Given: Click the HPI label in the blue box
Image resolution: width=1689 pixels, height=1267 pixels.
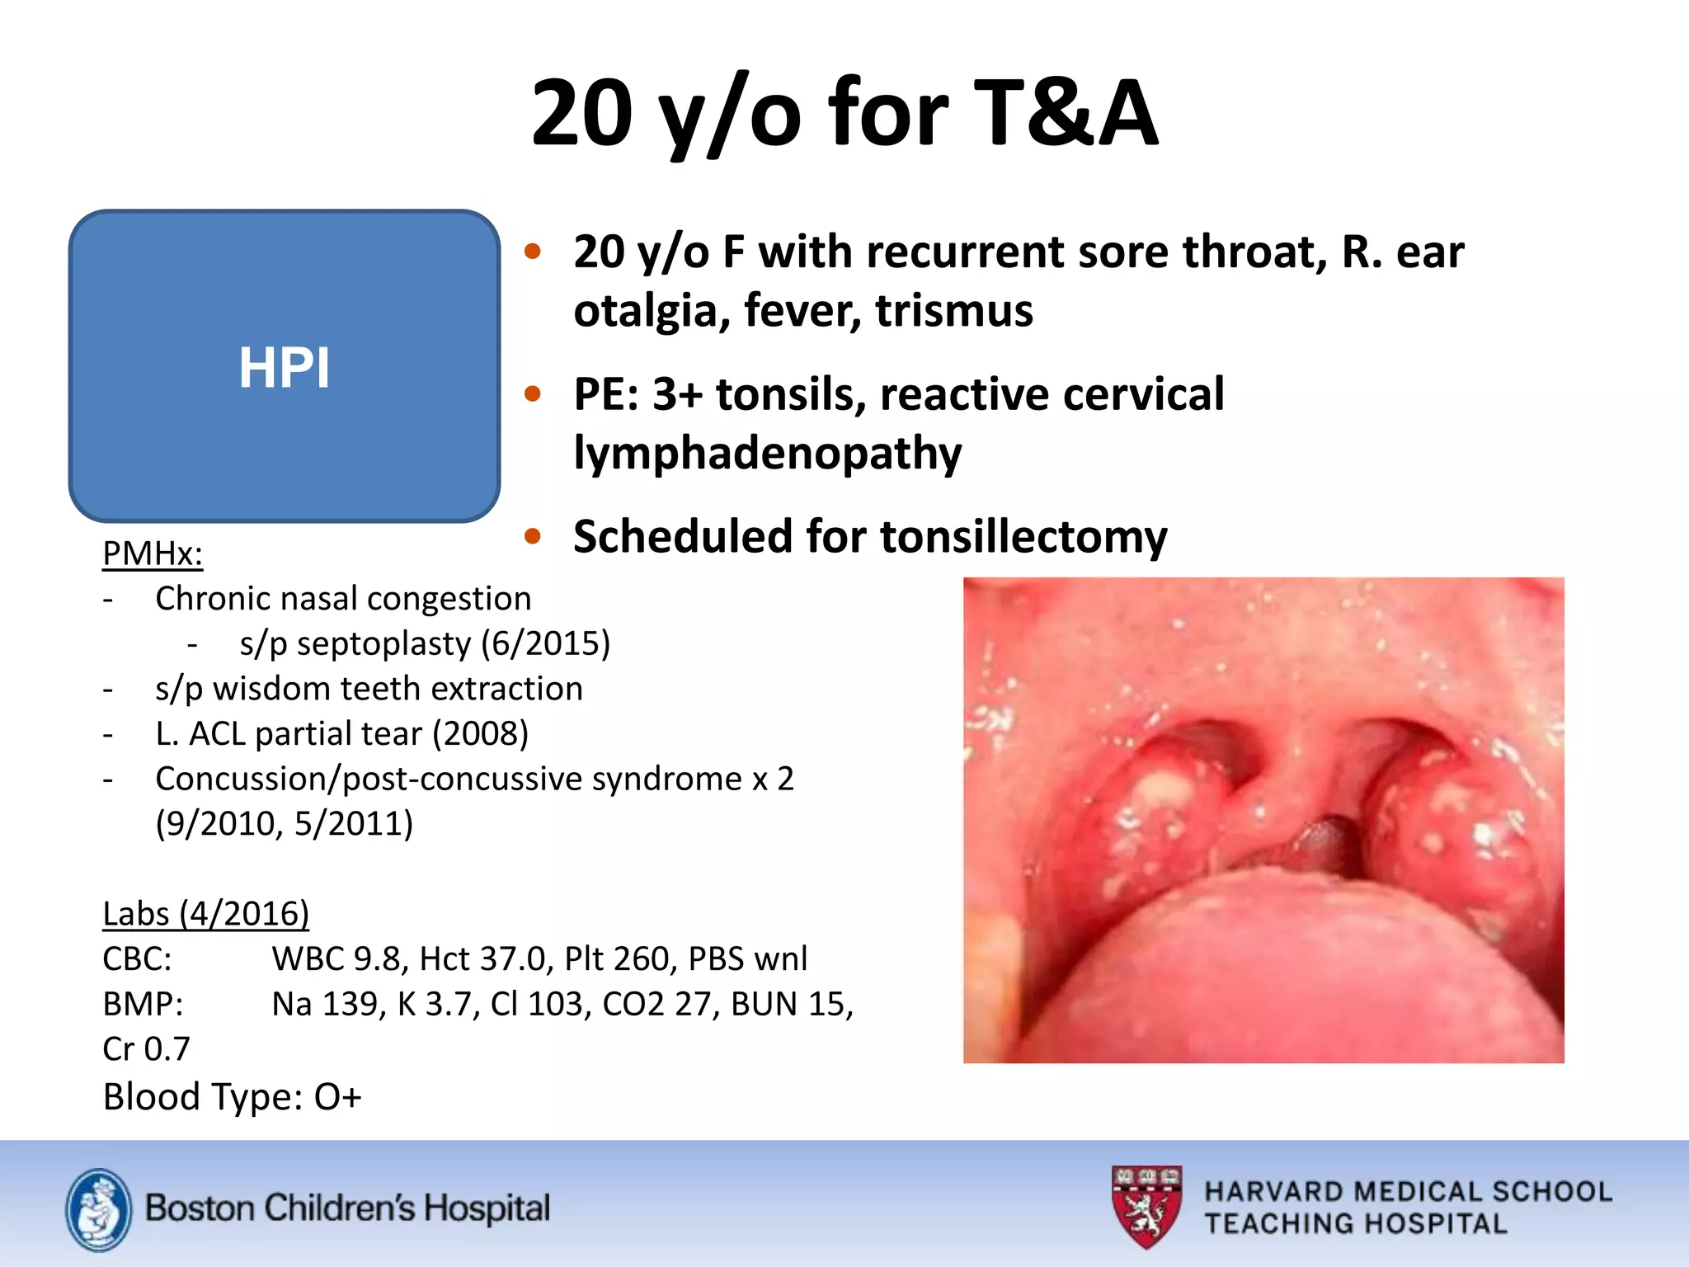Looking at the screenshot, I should (x=284, y=367).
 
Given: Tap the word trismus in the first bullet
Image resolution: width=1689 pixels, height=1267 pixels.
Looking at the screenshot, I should (x=954, y=311).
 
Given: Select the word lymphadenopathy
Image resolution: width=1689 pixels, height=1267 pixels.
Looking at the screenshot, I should (x=767, y=454).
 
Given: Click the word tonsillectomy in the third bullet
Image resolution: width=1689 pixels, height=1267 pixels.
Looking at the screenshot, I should (x=1023, y=537).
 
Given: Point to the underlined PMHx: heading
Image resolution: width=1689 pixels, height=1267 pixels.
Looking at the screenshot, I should (x=153, y=553).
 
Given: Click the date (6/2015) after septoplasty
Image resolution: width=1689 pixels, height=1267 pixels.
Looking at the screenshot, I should (x=545, y=643).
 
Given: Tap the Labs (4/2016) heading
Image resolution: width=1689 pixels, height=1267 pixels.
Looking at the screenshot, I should (x=205, y=914).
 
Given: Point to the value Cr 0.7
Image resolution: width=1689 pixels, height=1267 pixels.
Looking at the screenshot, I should (x=146, y=1049).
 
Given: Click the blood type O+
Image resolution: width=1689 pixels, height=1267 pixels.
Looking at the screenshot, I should (x=337, y=1097).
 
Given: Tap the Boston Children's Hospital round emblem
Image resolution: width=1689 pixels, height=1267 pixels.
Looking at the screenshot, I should (x=98, y=1209).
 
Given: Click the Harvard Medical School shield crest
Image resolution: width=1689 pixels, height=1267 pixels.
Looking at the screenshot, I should (x=1146, y=1205).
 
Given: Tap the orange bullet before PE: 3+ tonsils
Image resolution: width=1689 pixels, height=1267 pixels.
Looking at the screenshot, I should (x=533, y=394).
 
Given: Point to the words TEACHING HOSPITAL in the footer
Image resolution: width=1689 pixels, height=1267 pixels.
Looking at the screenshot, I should (x=1355, y=1223).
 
